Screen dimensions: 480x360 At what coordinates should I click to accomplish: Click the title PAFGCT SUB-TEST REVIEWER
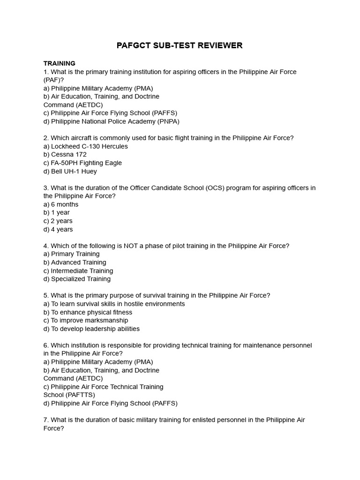[x=180, y=45]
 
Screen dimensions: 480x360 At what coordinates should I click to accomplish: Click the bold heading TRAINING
[x=59, y=63]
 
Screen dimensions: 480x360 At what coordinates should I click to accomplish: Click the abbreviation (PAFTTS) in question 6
[x=78, y=395]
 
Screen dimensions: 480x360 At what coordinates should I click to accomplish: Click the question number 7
[x=45, y=420]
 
